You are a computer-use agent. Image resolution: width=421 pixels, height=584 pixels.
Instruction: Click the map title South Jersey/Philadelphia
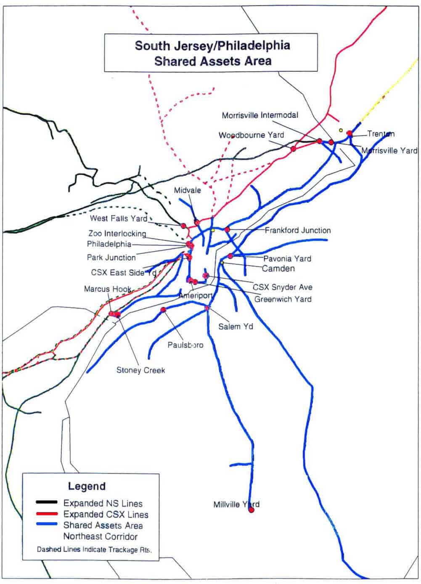[x=212, y=45]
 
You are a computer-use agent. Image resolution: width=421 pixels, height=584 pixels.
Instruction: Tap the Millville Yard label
[x=236, y=504]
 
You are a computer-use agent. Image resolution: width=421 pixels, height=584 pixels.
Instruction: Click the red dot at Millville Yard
[x=252, y=510]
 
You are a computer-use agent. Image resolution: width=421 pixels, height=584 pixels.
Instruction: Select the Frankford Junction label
[x=297, y=230]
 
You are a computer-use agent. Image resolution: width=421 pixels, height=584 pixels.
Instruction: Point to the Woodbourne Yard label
[x=251, y=135]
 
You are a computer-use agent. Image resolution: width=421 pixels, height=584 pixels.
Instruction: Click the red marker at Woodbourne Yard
[x=294, y=149]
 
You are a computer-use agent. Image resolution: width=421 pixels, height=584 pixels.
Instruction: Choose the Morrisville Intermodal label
[x=260, y=115]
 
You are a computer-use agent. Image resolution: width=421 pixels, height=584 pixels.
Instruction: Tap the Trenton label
[x=381, y=134]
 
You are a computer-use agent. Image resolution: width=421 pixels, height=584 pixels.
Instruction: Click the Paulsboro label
[x=185, y=345]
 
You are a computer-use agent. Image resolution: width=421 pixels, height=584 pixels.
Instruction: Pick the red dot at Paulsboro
[x=163, y=310]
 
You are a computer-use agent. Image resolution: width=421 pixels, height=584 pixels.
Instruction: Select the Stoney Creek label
[x=140, y=370]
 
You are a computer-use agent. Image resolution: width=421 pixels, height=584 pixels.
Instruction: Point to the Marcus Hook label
[x=108, y=289]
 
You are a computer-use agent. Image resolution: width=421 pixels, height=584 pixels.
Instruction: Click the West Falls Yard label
[x=118, y=218]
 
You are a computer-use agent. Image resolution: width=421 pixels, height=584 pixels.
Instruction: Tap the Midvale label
[x=187, y=190]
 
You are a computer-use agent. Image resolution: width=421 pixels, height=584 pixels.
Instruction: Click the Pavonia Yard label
[x=287, y=258]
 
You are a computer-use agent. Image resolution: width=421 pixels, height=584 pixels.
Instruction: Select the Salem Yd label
[x=236, y=326]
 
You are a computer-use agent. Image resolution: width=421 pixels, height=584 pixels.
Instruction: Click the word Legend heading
[x=87, y=486]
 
